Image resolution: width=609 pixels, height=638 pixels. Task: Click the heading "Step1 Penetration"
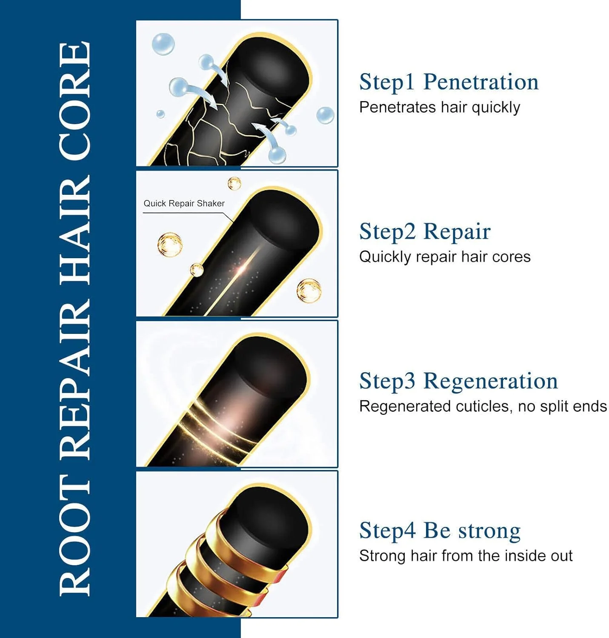pyautogui.click(x=449, y=83)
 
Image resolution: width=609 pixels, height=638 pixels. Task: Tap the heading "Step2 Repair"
pyautogui.click(x=425, y=232)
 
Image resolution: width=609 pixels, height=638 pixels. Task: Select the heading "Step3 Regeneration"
pyautogui.click(x=458, y=381)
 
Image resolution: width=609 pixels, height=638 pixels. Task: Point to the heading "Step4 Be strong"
pyautogui.click(x=440, y=531)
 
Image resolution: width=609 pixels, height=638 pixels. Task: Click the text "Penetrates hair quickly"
pyautogui.click(x=440, y=108)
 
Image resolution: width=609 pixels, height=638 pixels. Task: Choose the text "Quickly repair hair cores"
pyautogui.click(x=445, y=257)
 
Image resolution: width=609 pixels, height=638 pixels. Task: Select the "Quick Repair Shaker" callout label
pyautogui.click(x=184, y=203)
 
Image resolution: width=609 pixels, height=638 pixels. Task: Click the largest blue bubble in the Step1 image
pyautogui.click(x=163, y=44)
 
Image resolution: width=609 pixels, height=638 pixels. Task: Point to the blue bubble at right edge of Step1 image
pyautogui.click(x=325, y=115)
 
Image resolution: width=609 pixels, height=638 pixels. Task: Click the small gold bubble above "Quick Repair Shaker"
pyautogui.click(x=234, y=183)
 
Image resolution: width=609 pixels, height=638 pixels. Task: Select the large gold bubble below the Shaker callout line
pyautogui.click(x=169, y=245)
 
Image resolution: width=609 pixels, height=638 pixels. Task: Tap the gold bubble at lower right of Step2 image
pyautogui.click(x=309, y=291)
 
